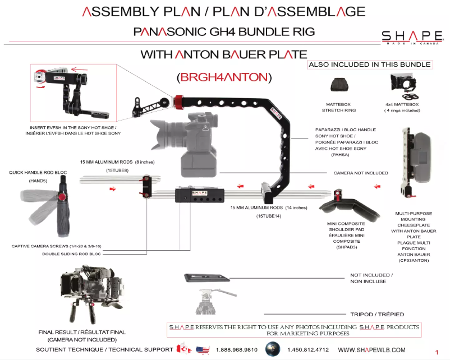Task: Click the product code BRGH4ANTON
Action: point(224,76)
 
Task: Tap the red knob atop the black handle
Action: point(178,101)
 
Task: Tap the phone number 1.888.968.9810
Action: point(236,350)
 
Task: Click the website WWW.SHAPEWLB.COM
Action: point(371,350)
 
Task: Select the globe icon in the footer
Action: point(273,348)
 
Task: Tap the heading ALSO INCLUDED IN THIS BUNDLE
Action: point(370,64)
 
